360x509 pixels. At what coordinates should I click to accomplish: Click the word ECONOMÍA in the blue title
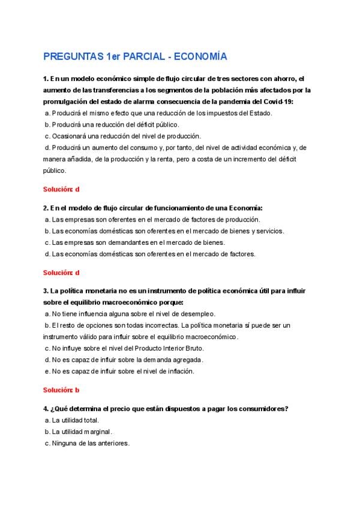pyautogui.click(x=202, y=57)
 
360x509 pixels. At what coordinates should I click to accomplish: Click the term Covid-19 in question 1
pyautogui.click(x=275, y=101)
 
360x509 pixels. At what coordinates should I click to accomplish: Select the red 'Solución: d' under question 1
pyautogui.click(x=61, y=188)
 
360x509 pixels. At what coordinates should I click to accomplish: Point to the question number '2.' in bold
pyautogui.click(x=46, y=208)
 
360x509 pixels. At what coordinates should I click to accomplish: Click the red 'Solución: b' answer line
pyautogui.click(x=61, y=390)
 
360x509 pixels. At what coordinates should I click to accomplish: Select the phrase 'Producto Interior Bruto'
pyautogui.click(x=170, y=348)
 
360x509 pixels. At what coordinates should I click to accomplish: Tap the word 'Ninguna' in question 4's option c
pyautogui.click(x=65, y=444)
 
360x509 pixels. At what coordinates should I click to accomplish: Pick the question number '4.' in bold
pyautogui.click(x=46, y=409)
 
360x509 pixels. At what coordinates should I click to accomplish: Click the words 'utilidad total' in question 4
pyautogui.click(x=80, y=420)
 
